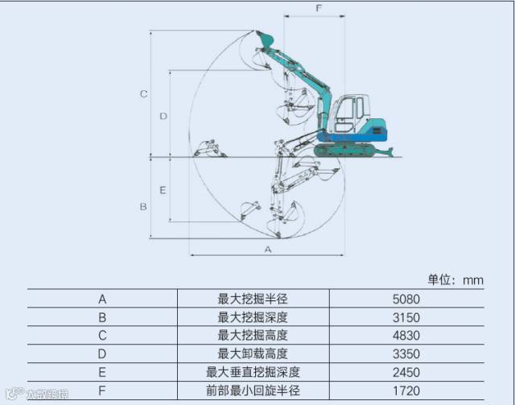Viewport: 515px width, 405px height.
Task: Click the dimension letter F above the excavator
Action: [319, 9]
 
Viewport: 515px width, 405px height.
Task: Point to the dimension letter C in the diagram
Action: [143, 93]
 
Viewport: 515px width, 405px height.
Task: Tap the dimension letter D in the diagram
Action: [163, 116]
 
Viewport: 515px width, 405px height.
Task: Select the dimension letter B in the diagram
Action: [143, 206]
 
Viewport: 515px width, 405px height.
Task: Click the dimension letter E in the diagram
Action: [163, 190]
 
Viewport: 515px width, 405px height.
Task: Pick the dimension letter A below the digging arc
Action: [268, 250]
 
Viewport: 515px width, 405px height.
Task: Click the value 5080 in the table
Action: [406, 299]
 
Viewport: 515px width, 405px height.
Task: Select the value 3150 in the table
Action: [406, 317]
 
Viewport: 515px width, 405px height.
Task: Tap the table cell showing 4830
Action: [406, 335]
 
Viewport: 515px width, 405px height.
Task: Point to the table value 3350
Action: [406, 353]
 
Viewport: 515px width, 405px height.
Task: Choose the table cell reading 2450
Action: [406, 372]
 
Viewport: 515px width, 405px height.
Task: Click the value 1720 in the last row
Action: [406, 391]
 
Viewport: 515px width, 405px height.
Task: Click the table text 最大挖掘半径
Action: [253, 299]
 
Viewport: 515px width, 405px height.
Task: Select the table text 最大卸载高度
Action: [253, 353]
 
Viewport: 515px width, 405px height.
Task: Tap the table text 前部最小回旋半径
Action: [253, 391]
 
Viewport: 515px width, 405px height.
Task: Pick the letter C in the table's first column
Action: [102, 335]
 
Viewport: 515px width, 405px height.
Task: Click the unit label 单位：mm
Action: [455, 279]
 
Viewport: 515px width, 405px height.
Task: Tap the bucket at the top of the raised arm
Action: [265, 39]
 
